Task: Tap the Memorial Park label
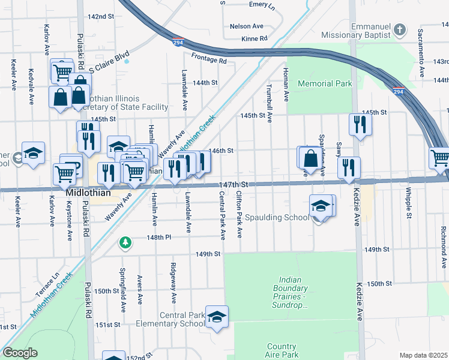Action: [325, 84]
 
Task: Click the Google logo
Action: [20, 353]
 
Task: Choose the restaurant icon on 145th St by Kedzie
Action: [360, 124]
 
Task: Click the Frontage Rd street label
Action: [209, 61]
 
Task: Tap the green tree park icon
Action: [125, 242]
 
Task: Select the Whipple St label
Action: [408, 203]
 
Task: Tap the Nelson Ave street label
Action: [246, 26]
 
